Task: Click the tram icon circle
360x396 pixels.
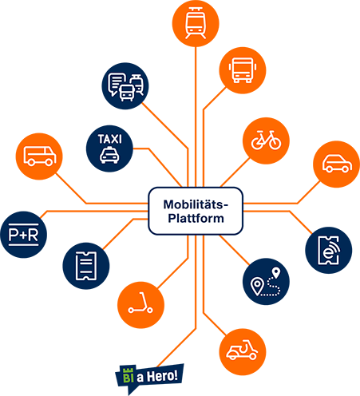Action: [196, 23]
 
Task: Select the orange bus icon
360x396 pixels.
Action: [243, 70]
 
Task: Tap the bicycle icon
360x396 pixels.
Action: [266, 141]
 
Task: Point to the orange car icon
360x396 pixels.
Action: [337, 164]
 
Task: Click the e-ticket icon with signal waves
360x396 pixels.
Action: [329, 250]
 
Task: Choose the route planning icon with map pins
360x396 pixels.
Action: [266, 282]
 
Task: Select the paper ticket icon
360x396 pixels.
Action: [86, 266]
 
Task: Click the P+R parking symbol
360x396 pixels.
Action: [23, 235]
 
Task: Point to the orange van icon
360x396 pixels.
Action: [39, 156]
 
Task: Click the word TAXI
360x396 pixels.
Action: [109, 139]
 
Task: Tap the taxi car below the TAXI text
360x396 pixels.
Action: [109, 156]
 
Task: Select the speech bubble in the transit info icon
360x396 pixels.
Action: [117, 83]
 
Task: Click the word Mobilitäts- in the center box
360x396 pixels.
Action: [196, 204]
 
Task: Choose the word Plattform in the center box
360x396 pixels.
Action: [196, 219]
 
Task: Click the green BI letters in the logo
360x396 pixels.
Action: [129, 374]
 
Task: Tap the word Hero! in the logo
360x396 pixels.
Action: [162, 376]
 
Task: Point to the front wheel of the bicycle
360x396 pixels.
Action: [275, 143]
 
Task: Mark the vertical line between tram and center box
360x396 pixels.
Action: [196, 117]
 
